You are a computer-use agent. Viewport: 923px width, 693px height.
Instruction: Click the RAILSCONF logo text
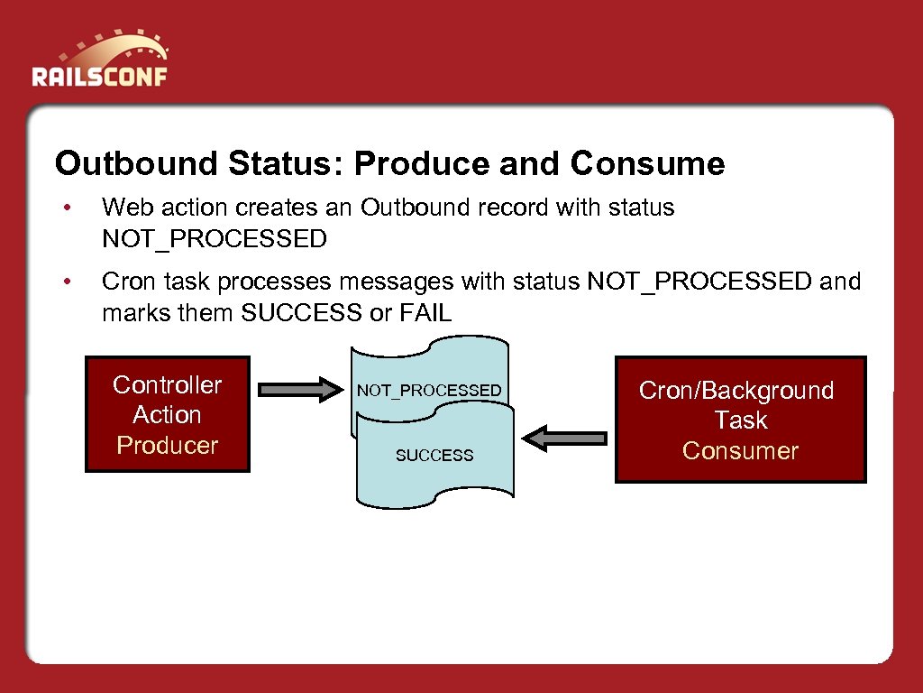coord(99,75)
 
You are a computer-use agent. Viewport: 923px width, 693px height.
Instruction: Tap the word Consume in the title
coord(647,164)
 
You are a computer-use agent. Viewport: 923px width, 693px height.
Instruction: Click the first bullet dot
coord(66,208)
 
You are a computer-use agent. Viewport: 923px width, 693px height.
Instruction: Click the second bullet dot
coord(66,282)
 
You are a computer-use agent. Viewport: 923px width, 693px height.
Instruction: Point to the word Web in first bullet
coord(123,208)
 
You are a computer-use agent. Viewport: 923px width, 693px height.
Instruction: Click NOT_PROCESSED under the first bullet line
coord(215,239)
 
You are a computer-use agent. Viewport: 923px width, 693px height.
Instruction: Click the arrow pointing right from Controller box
coord(296,390)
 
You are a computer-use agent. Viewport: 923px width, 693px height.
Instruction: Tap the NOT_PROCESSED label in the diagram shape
coord(429,391)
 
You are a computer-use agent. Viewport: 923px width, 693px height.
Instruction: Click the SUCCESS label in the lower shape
coord(434,456)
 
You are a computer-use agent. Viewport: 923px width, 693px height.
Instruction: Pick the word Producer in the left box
coord(167,446)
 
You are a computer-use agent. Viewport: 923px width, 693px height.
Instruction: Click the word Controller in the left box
coord(167,385)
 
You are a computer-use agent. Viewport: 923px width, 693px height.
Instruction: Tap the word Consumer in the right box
coord(740,451)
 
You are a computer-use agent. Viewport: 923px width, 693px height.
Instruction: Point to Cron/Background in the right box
coord(736,391)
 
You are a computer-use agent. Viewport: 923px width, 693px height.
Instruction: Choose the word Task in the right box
coord(741,420)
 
